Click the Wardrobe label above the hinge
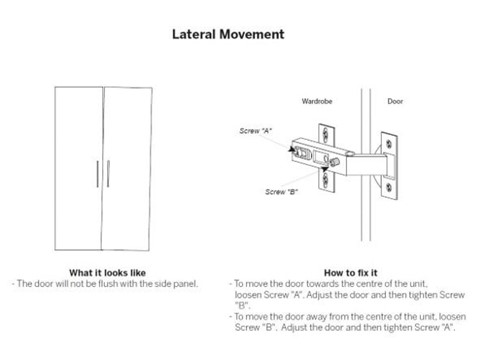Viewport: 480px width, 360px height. [x=317, y=102]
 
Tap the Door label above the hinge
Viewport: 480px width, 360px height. [x=398, y=102]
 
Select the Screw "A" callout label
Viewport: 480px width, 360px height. [x=257, y=131]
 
